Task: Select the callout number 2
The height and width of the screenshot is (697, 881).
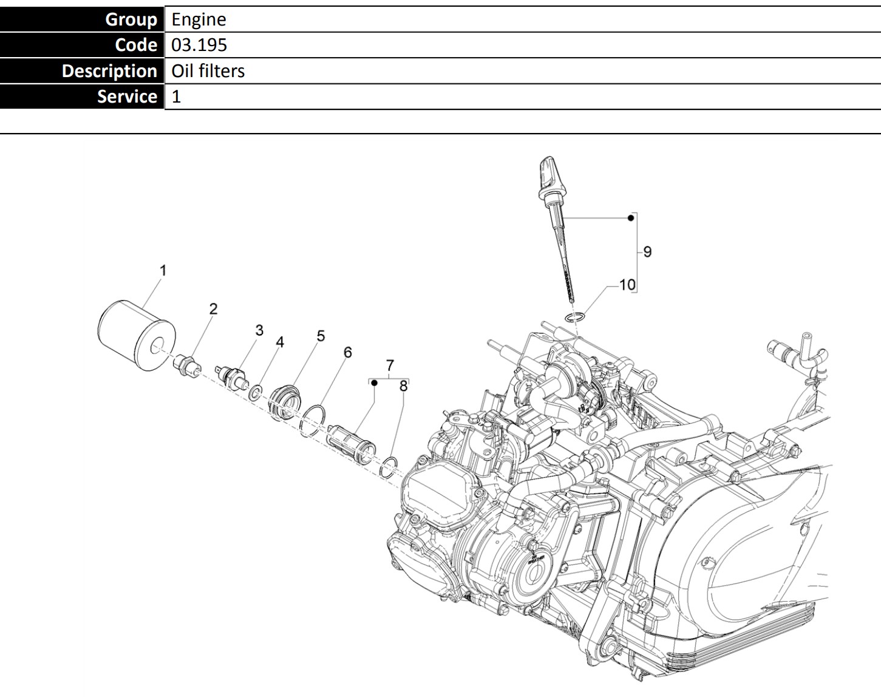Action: (x=213, y=309)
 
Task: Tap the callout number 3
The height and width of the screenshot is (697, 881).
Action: (x=259, y=330)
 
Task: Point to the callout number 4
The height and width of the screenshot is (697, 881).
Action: (x=280, y=342)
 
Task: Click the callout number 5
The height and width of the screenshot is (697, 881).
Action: (x=321, y=336)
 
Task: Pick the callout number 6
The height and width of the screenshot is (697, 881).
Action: (x=347, y=353)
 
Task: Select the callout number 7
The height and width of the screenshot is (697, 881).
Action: (x=390, y=365)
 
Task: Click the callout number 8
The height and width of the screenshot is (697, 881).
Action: (x=404, y=386)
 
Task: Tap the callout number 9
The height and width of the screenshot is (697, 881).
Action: (x=647, y=251)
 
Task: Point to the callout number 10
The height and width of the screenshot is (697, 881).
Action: (x=627, y=284)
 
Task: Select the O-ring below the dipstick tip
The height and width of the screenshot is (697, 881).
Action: (x=574, y=316)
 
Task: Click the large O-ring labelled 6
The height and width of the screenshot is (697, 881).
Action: (x=313, y=420)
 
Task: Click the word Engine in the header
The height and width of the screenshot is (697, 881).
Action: (x=199, y=19)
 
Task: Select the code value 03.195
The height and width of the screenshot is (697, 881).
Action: (x=199, y=45)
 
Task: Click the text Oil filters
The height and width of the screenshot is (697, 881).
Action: (x=208, y=71)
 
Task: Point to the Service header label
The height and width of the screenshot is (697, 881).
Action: (x=127, y=97)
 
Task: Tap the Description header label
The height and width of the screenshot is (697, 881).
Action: (x=109, y=71)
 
